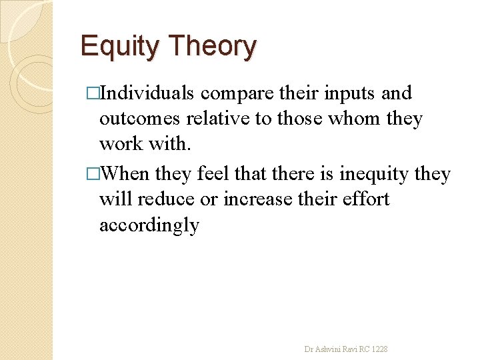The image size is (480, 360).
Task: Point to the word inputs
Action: pos(350,93)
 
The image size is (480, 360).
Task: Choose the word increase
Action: pos(255,199)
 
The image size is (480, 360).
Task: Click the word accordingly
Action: pos(149,225)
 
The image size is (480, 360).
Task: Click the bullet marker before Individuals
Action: pos(93,93)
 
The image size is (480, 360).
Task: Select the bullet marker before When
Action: pos(93,174)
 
